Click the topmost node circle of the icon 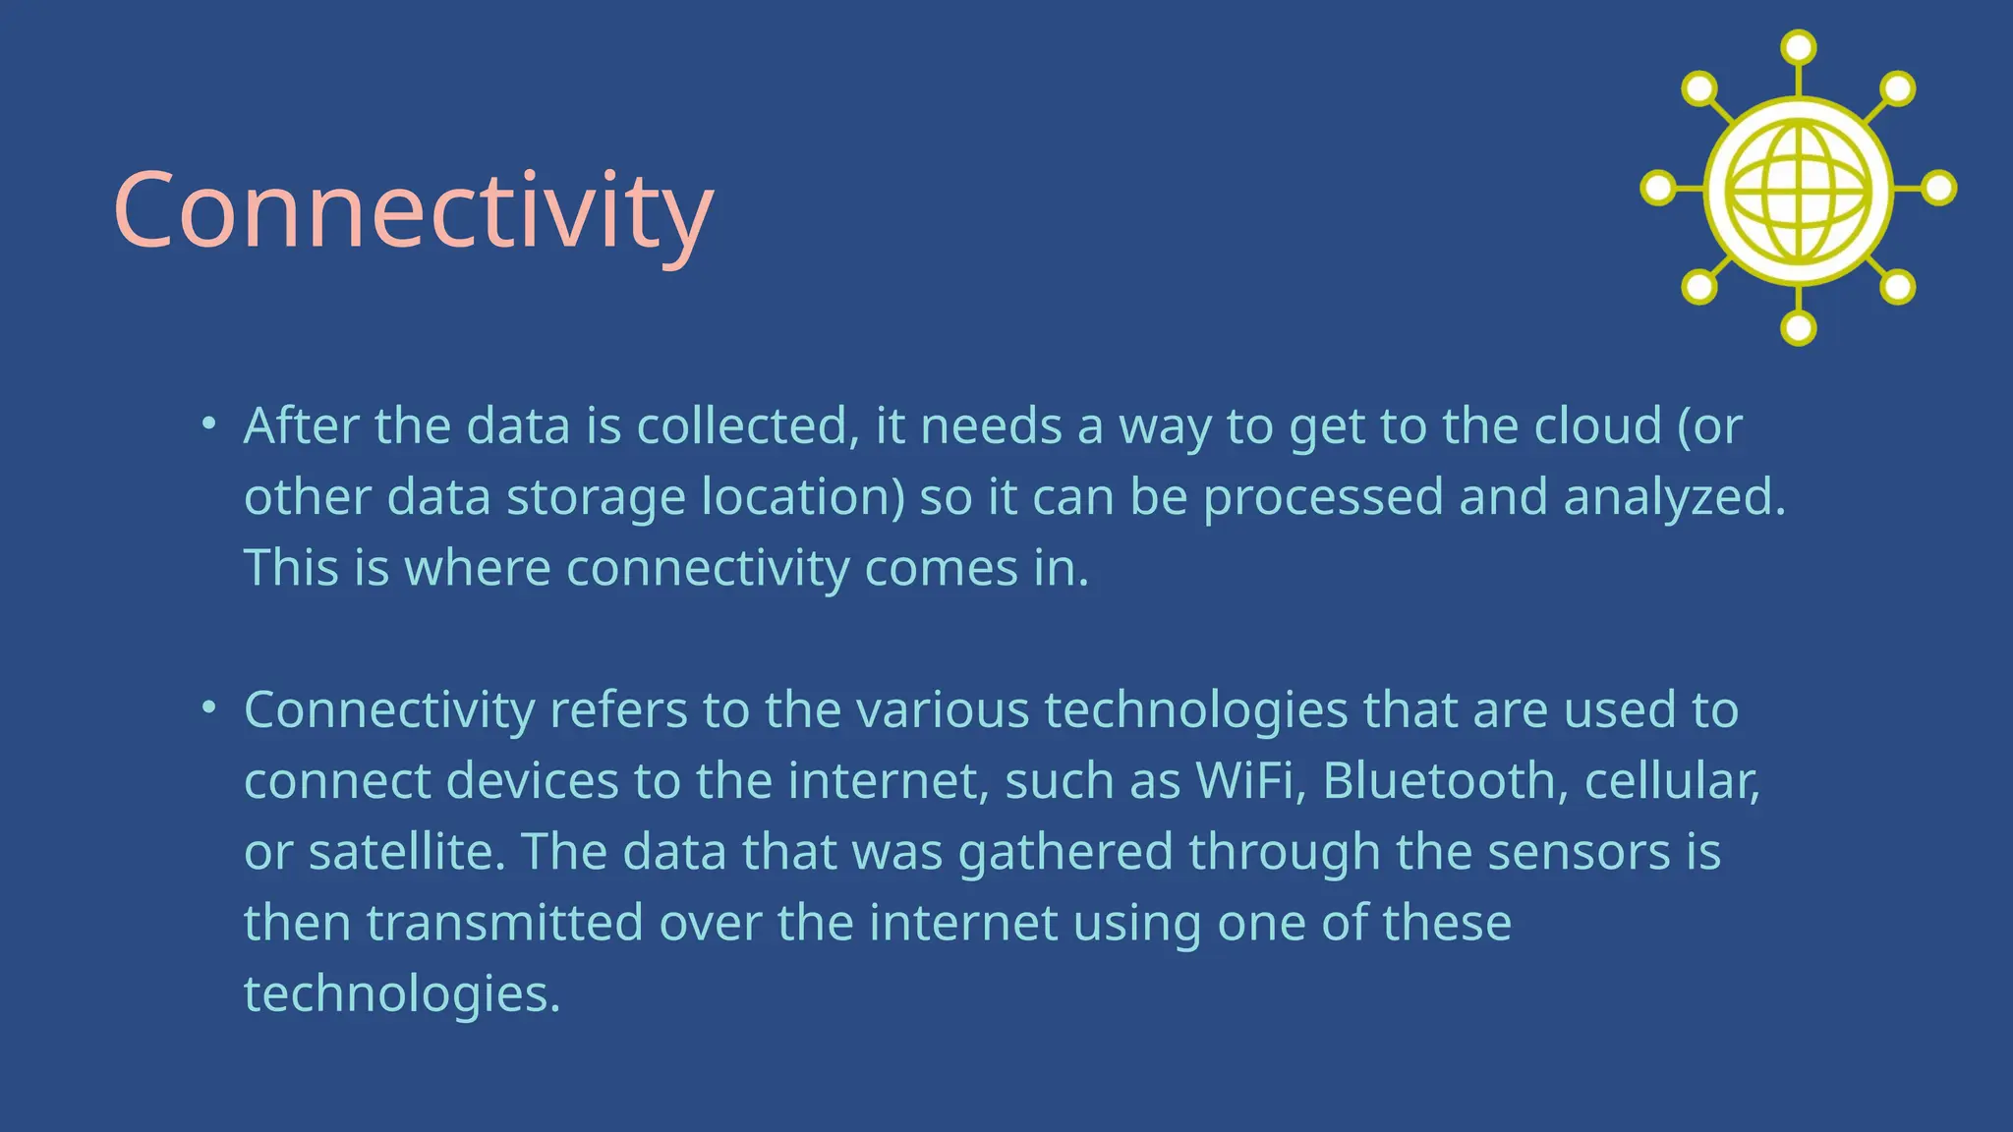click(1798, 47)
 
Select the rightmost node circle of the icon click(1939, 188)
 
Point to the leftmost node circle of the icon click(1658, 188)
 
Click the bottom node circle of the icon click(1798, 328)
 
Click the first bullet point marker click(207, 424)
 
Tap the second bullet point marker click(207, 707)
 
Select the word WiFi click(1243, 781)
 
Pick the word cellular click(1670, 781)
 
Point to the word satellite click(406, 852)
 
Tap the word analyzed click(1673, 498)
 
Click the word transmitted click(504, 924)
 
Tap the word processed click(1323, 498)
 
